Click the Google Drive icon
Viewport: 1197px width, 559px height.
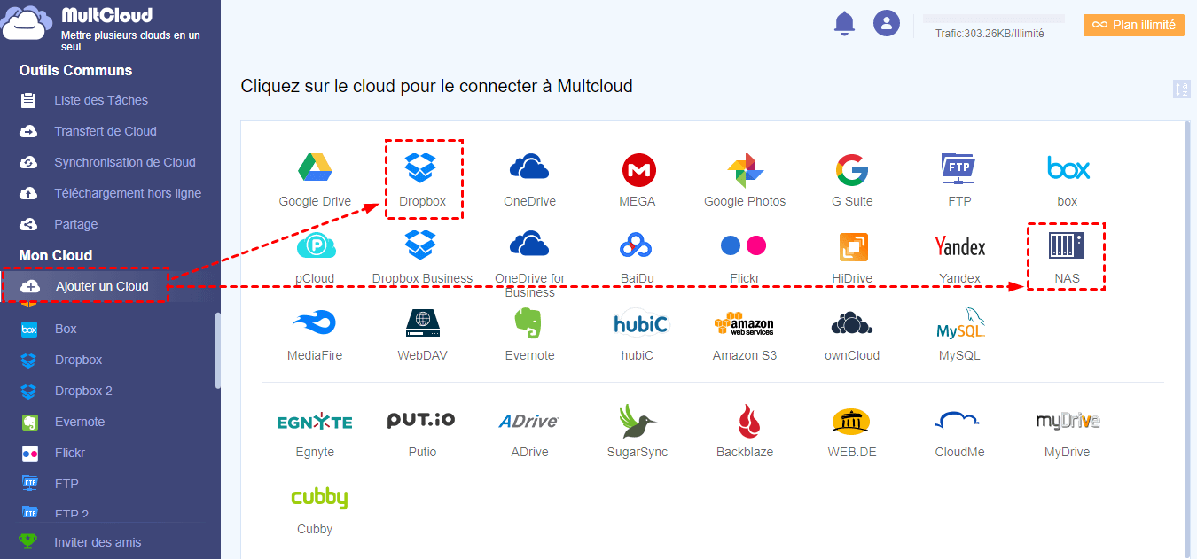click(x=315, y=168)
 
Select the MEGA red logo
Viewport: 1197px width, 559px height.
click(x=638, y=168)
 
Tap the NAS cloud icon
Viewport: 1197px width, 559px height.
click(x=1067, y=246)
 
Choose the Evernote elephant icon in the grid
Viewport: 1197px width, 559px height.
click(x=529, y=323)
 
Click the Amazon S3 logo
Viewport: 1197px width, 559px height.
click(x=744, y=323)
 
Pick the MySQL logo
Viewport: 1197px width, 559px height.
click(x=960, y=323)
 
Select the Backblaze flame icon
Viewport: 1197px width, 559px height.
click(x=744, y=421)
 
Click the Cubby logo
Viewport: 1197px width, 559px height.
click(x=318, y=497)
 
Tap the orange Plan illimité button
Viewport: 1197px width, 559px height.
click(x=1134, y=25)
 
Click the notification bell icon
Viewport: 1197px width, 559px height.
click(x=845, y=24)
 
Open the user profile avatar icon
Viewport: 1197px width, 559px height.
click(x=887, y=24)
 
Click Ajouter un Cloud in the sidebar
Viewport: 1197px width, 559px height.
click(x=102, y=286)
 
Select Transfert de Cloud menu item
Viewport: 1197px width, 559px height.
click(x=105, y=131)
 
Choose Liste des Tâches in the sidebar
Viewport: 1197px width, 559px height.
click(x=100, y=100)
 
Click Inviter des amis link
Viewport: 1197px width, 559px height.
click(x=98, y=542)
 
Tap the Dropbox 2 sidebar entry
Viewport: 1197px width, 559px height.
click(x=83, y=391)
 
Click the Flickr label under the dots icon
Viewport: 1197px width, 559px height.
click(x=745, y=278)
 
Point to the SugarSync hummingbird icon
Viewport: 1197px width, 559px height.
click(x=637, y=421)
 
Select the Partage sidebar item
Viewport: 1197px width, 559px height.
click(x=75, y=224)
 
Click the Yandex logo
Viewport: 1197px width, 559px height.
click(x=960, y=246)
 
